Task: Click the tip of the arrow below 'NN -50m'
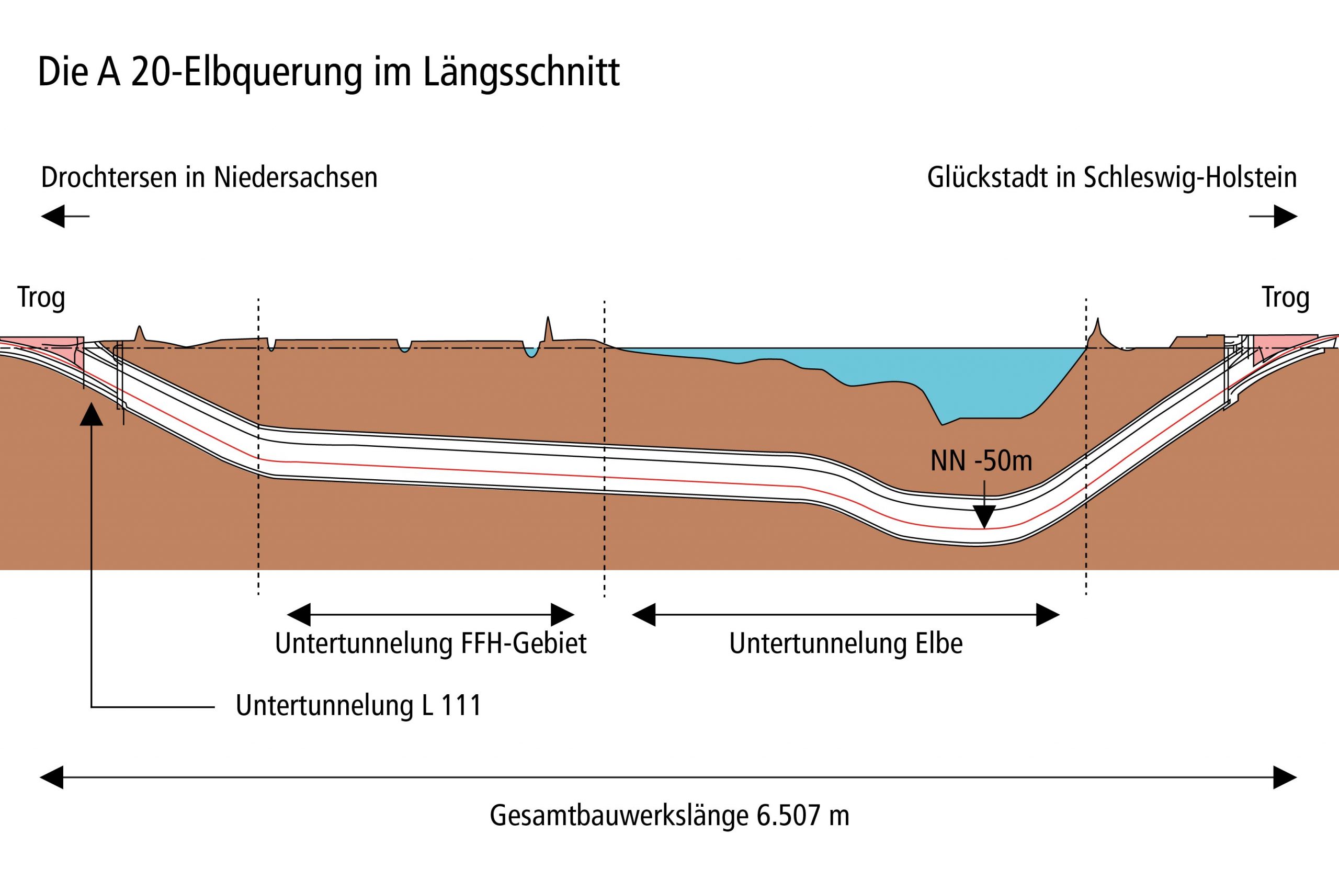pos(984,528)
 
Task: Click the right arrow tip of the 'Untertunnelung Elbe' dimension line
pos(1059,615)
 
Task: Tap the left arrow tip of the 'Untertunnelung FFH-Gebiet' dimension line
pos(287,615)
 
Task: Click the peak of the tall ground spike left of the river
pos(548,317)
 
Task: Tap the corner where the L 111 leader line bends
pos(91,707)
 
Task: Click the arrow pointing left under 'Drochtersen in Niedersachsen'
pos(65,216)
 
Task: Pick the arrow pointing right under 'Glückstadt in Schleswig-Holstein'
pos(1273,216)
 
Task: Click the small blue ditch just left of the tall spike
pos(530,352)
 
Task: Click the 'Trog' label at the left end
pos(41,298)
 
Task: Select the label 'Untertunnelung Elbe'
pos(846,644)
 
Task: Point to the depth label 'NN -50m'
pos(981,461)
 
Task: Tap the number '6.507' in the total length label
pos(788,815)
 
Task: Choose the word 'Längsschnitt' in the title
pos(521,73)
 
